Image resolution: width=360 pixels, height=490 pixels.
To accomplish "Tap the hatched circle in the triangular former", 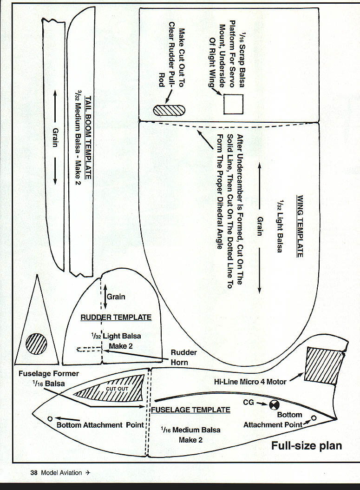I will [36, 344].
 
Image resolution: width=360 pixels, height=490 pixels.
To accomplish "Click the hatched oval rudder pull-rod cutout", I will [170, 110].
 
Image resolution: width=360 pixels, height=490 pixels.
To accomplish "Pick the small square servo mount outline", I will [234, 104].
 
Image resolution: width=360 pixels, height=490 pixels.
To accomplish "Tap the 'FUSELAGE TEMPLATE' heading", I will [191, 410].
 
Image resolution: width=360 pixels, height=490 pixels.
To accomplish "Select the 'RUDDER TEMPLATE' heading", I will [116, 318].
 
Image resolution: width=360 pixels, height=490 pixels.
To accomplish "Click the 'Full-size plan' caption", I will [307, 446].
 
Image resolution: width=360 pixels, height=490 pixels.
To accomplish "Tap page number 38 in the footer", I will [34, 473].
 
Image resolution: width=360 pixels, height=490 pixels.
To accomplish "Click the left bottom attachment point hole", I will [50, 418].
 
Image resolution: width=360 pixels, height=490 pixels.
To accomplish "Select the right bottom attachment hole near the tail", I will [314, 418].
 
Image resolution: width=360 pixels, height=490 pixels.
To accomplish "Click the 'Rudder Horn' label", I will [183, 357].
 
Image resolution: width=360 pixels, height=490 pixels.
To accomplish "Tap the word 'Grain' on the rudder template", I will [116, 297].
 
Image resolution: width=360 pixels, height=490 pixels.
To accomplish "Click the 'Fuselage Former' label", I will [49, 373].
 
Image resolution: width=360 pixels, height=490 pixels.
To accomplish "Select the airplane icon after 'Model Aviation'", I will [88, 473].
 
